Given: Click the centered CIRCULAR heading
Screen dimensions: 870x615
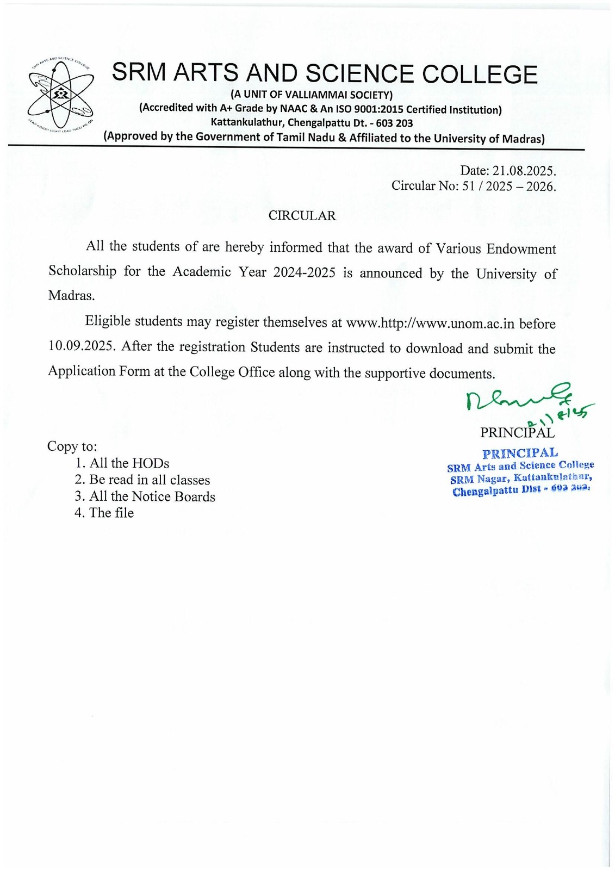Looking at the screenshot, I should (302, 216).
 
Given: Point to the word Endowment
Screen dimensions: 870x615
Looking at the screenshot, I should (521, 249).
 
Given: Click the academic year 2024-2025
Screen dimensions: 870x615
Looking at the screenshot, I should (305, 272).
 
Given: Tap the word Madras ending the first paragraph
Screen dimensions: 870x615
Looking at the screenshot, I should (71, 296).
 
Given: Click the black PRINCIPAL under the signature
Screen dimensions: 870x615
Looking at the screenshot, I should (517, 433).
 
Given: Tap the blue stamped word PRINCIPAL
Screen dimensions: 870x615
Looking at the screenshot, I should (520, 453).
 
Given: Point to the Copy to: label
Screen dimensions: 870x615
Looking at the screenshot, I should (72, 446).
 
